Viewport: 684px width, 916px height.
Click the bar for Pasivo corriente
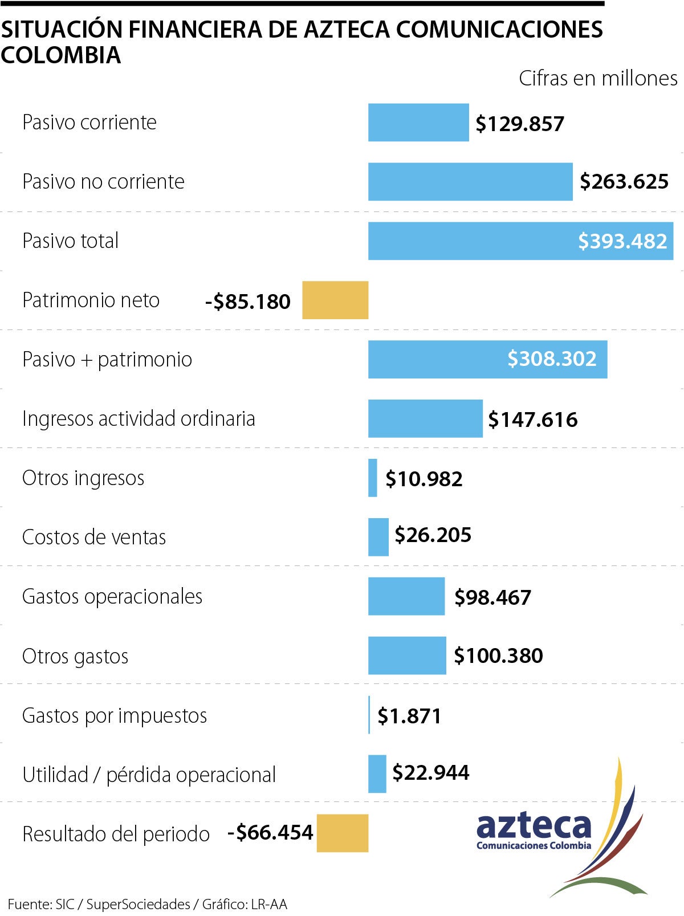pyautogui.click(x=418, y=123)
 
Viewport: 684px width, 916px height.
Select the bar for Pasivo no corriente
pyautogui.click(x=470, y=182)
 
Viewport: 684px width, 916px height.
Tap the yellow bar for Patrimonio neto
pyautogui.click(x=335, y=300)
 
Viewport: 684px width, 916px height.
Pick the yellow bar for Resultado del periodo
pyautogui.click(x=342, y=833)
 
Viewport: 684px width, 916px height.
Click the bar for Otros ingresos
pyautogui.click(x=373, y=478)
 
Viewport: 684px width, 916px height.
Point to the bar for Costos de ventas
pyautogui.click(x=378, y=537)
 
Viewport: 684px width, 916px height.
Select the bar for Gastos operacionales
pyautogui.click(x=406, y=596)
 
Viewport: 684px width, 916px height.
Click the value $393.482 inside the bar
pyautogui.click(x=622, y=241)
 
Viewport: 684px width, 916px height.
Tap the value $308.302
pyautogui.click(x=552, y=359)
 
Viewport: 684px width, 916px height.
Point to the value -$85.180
pyautogui.click(x=248, y=302)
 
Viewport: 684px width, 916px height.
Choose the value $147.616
pyautogui.click(x=533, y=420)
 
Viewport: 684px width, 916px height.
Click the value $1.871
pyautogui.click(x=409, y=716)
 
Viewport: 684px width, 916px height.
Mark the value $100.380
pyautogui.click(x=498, y=656)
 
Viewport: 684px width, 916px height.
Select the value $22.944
pyautogui.click(x=431, y=772)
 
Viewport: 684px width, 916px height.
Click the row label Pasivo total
pyautogui.click(x=71, y=241)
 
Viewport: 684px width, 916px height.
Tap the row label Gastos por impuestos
pyautogui.click(x=115, y=715)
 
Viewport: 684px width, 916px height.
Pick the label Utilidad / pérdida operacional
pyautogui.click(x=149, y=775)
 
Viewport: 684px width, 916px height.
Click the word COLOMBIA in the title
pyautogui.click(x=61, y=55)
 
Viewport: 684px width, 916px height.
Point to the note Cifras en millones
pyautogui.click(x=598, y=78)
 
